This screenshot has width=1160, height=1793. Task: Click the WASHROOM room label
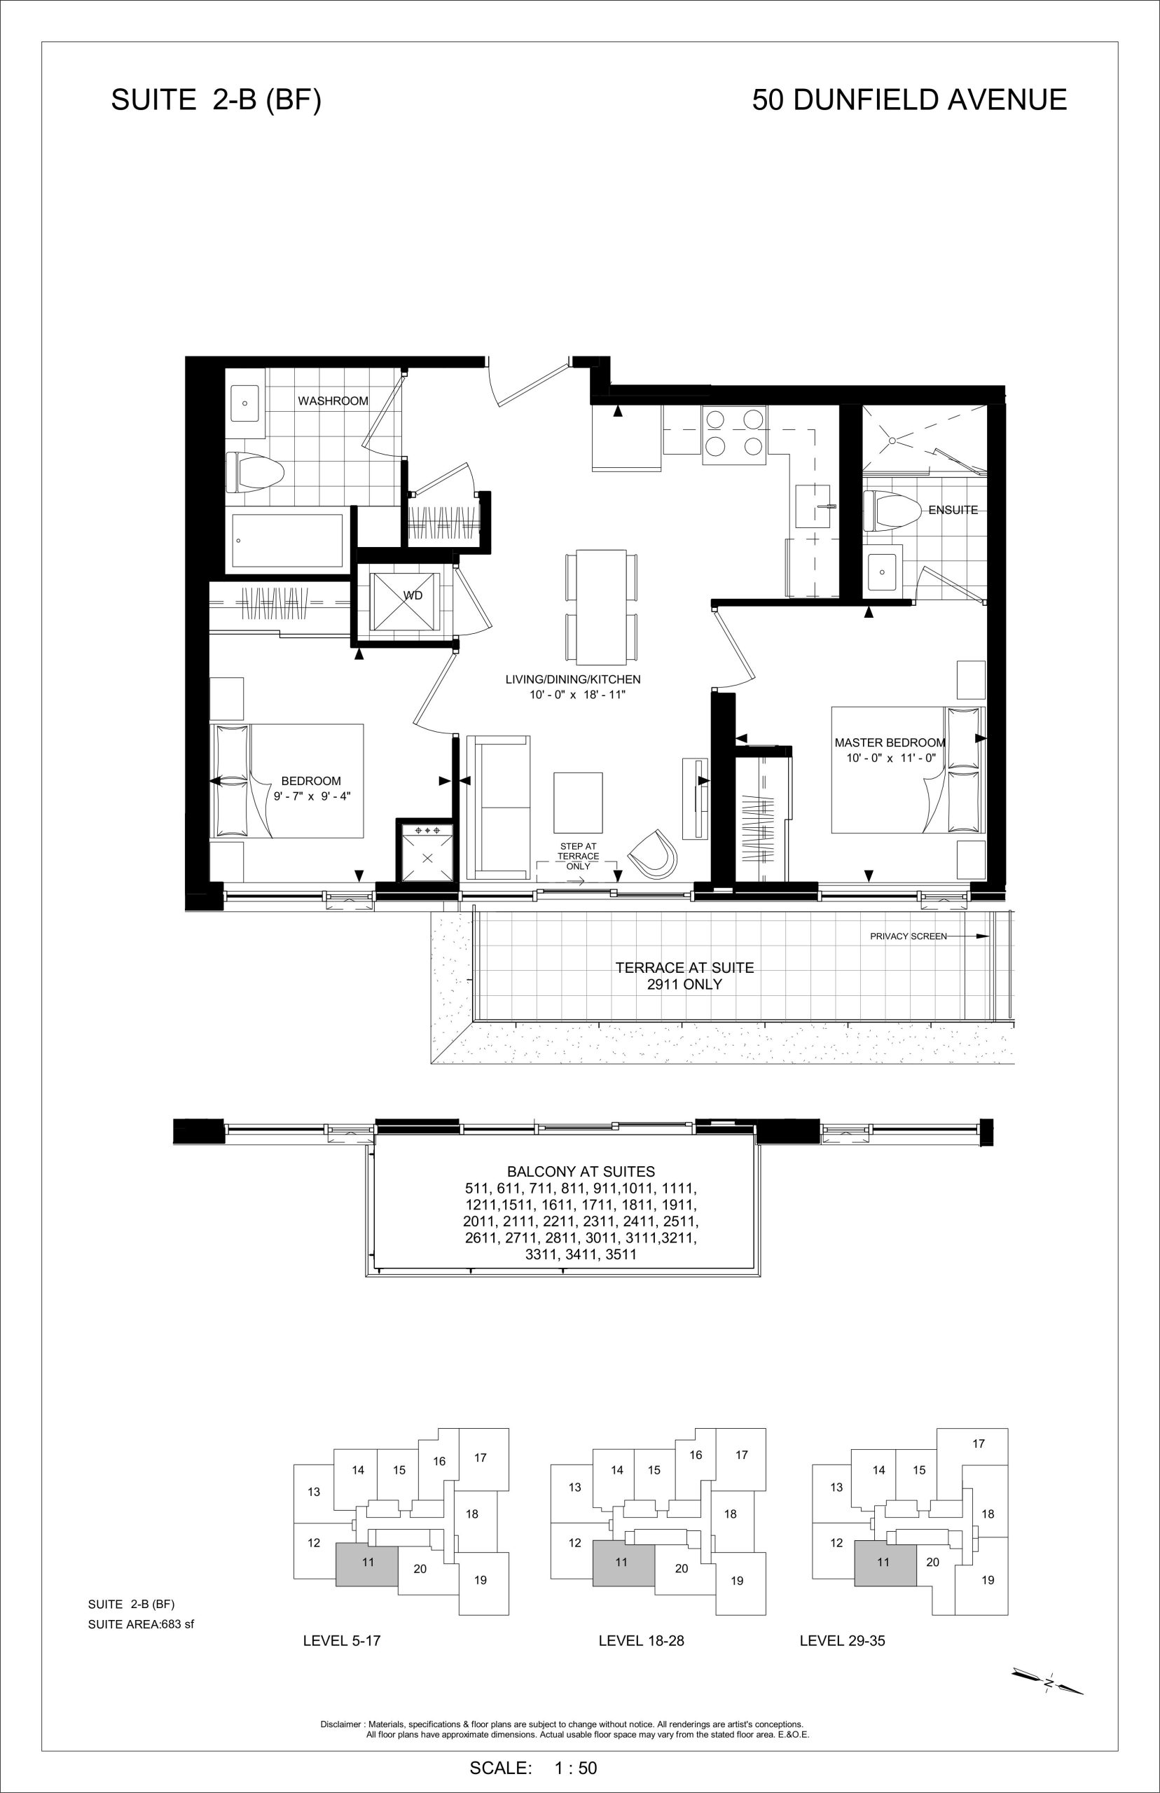333,401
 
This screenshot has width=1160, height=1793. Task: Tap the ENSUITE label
953,510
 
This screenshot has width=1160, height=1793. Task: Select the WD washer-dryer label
413,595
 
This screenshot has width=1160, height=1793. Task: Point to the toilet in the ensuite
893,511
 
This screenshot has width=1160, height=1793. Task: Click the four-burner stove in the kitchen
734,434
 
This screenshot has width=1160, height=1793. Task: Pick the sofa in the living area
498,808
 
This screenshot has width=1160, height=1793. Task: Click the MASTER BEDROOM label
890,742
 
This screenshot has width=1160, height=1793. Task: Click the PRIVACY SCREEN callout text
909,936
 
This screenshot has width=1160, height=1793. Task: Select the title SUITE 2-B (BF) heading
216,99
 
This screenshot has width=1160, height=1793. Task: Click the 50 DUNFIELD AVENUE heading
909,99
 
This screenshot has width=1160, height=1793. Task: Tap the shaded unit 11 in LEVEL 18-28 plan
623,1563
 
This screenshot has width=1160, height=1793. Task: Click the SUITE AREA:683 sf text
141,1624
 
